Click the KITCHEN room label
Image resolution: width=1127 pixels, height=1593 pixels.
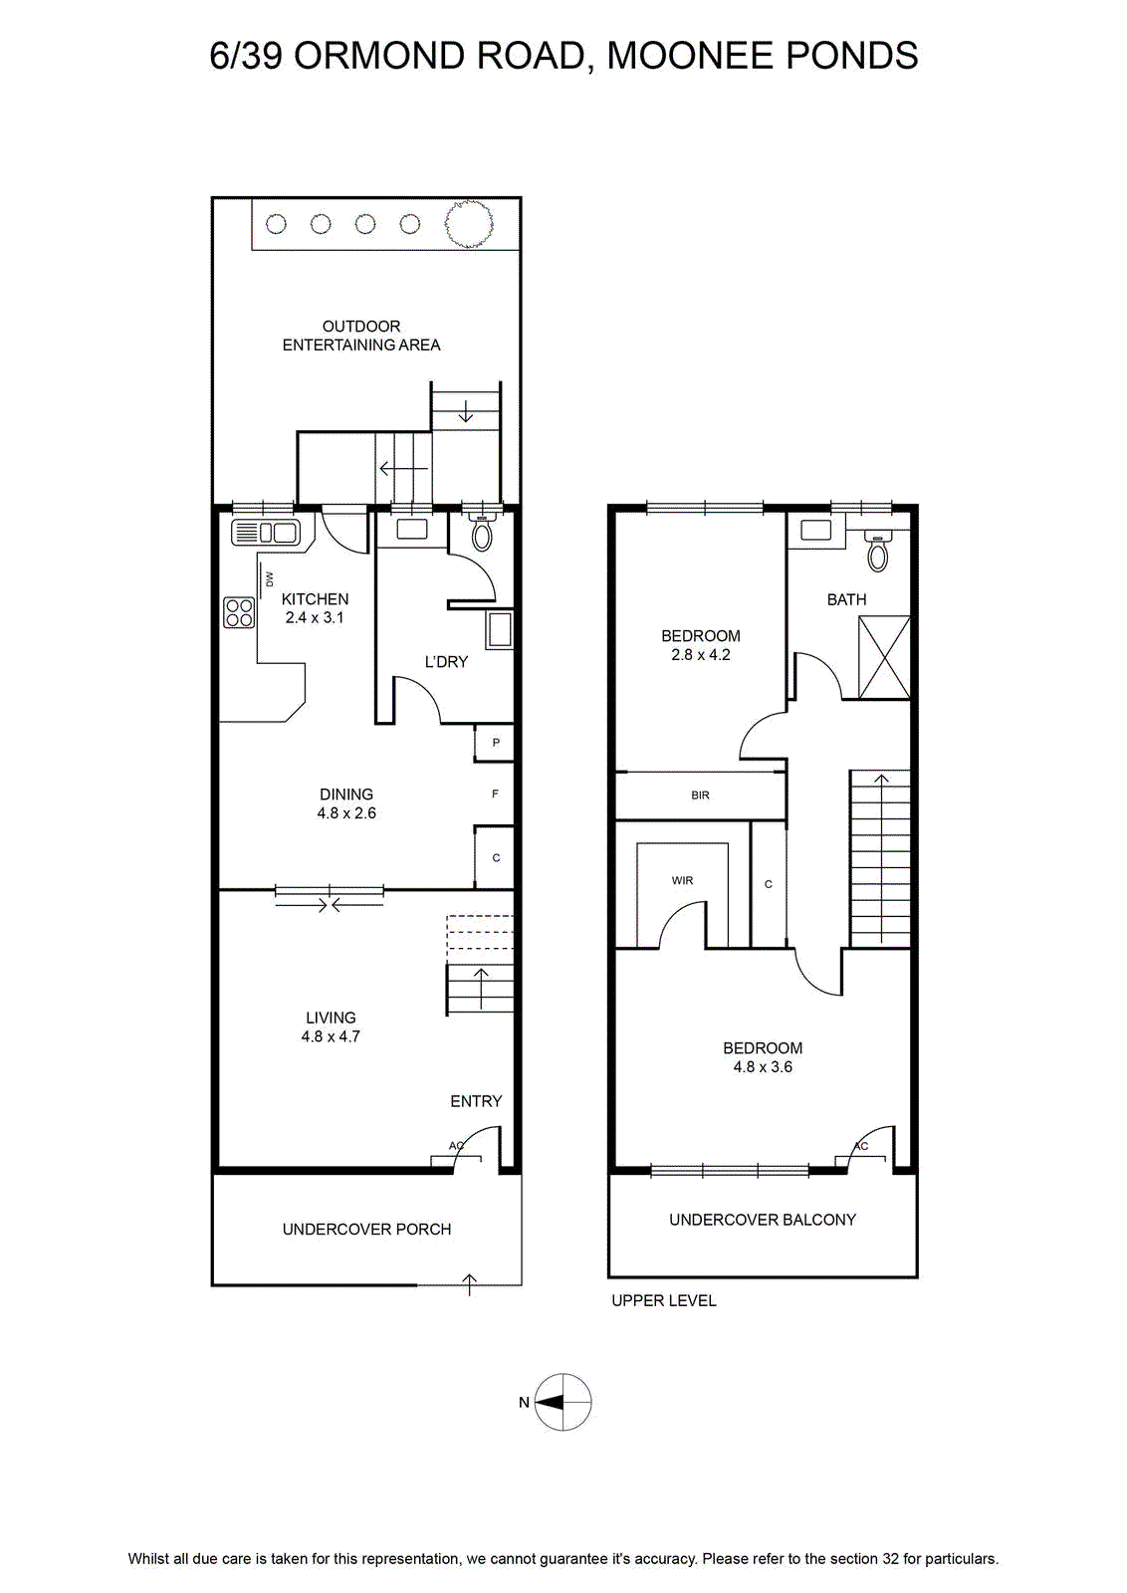tap(315, 598)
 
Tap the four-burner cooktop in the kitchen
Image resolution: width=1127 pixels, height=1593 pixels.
tap(239, 612)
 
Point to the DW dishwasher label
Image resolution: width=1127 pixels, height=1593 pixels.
tap(269, 578)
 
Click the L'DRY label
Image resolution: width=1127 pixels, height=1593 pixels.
tap(446, 661)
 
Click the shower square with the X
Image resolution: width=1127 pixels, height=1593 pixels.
tap(884, 657)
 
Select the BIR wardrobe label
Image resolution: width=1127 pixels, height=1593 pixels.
tap(700, 796)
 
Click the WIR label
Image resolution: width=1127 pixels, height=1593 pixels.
tap(682, 880)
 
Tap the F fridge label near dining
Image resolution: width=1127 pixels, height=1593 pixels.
tap(496, 794)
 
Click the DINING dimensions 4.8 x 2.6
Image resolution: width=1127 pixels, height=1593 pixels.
tap(346, 812)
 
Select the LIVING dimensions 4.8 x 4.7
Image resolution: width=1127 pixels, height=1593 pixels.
tap(331, 1036)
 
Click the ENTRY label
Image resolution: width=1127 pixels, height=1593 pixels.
tap(476, 1101)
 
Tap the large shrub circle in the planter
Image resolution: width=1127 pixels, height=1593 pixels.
tap(469, 224)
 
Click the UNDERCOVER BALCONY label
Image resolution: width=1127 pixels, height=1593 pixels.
tap(763, 1220)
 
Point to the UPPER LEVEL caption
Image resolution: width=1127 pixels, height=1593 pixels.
tap(664, 1300)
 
